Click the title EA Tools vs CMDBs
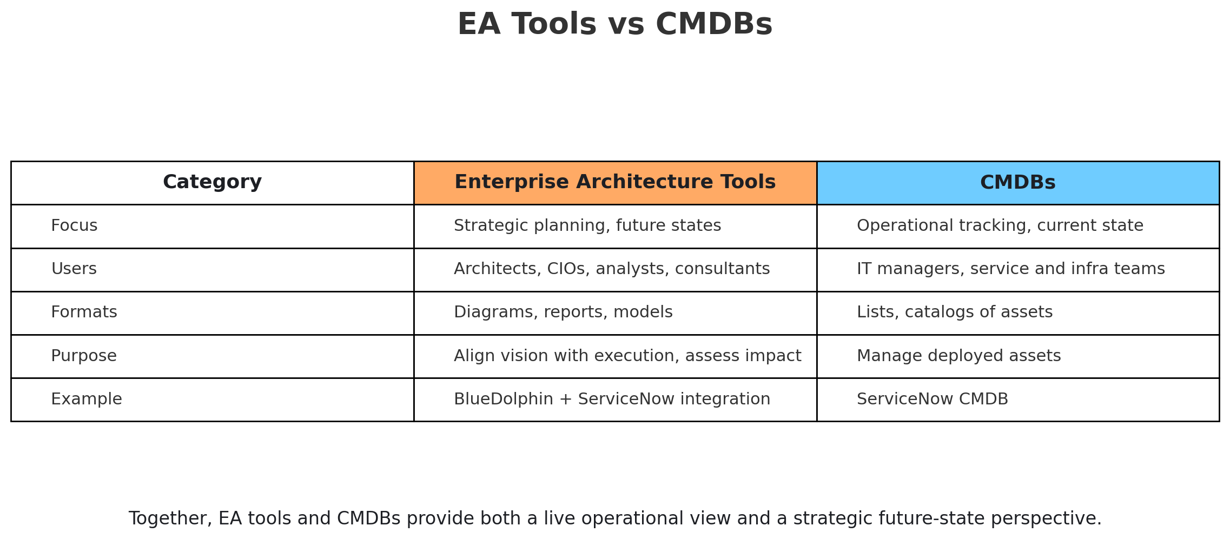tap(615, 25)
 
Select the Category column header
tap(212, 183)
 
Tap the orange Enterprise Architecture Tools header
tap(615, 183)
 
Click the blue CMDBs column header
tap(1017, 183)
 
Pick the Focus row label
tap(74, 226)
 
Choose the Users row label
tap(74, 269)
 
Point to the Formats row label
tap(84, 312)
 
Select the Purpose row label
tap(84, 356)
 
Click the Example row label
tap(87, 400)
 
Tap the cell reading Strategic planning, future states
tap(587, 226)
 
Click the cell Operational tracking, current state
tap(1000, 226)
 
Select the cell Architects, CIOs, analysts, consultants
tap(612, 269)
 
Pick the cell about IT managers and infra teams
tap(1011, 269)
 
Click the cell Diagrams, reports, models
tap(563, 312)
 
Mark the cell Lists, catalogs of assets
tap(955, 312)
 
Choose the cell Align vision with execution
tap(627, 356)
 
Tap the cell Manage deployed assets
tap(959, 356)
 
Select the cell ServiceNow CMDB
tap(933, 400)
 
